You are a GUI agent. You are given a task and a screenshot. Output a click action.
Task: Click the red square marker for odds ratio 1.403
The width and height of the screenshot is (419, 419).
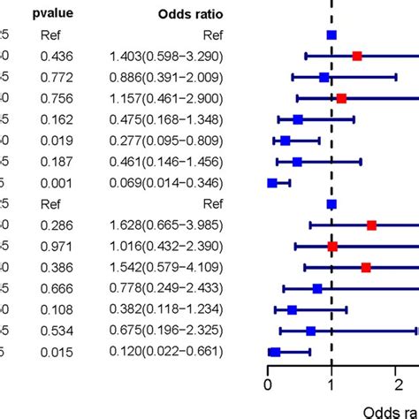click(x=357, y=56)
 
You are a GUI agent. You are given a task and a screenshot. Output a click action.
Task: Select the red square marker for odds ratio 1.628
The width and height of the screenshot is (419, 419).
click(x=371, y=225)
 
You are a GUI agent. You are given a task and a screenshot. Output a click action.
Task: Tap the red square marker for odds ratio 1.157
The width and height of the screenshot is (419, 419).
click(x=341, y=98)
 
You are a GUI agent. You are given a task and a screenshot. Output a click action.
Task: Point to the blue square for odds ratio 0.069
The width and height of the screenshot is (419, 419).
click(x=272, y=183)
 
